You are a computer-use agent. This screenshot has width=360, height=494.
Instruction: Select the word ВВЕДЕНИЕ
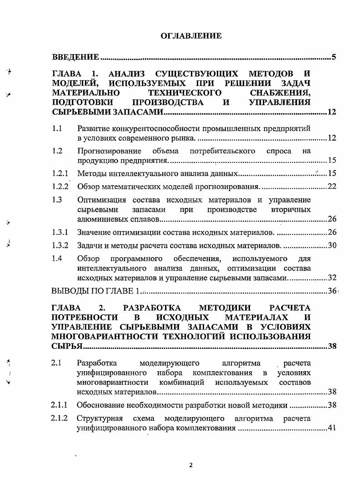point(75,57)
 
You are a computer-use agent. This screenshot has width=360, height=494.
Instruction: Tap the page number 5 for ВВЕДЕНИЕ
point(333,57)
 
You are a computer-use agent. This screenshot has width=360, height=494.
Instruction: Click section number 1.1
point(57,129)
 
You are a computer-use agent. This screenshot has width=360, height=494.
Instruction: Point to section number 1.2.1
point(60,173)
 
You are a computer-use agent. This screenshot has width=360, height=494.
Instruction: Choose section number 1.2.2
point(60,186)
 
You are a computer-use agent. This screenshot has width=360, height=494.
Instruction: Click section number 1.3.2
point(60,246)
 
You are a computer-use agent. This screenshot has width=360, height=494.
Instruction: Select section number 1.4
point(57,258)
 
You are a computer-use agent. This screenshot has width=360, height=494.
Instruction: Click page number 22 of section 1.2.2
point(331,187)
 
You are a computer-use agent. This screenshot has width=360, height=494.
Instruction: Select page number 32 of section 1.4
point(331,277)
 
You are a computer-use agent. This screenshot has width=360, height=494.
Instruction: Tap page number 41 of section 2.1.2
point(331,428)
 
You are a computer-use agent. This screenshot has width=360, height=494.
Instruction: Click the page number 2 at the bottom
point(191,465)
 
